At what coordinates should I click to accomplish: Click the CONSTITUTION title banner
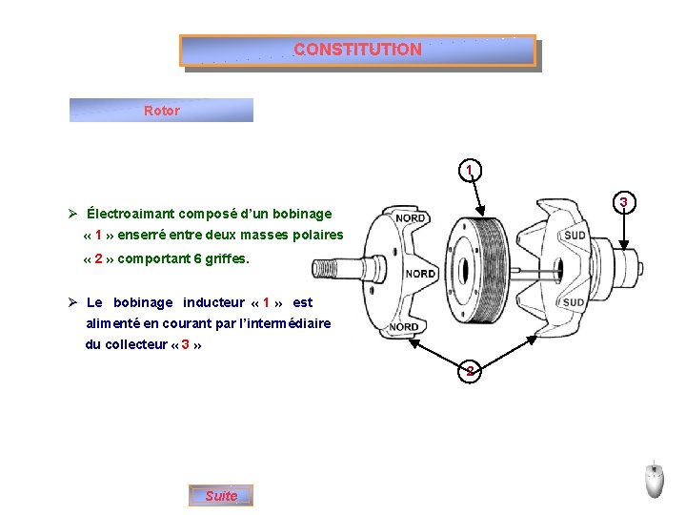click(x=357, y=50)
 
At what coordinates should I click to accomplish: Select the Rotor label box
click(x=161, y=111)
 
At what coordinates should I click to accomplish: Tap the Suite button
click(x=221, y=496)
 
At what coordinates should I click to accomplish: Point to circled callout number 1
click(x=469, y=172)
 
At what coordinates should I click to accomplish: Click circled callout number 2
click(x=469, y=371)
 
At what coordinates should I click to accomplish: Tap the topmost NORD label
click(x=410, y=218)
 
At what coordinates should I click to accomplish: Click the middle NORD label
click(x=420, y=274)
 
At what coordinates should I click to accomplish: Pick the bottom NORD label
click(x=404, y=327)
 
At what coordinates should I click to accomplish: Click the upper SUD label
click(x=575, y=236)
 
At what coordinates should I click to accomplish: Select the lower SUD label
click(x=574, y=302)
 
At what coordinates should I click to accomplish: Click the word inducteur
click(x=209, y=302)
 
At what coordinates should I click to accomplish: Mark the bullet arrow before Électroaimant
click(x=72, y=214)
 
